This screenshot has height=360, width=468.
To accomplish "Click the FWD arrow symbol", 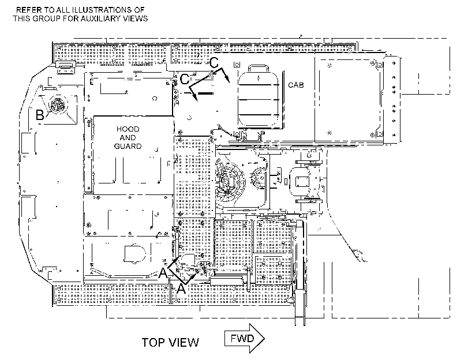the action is point(245,339).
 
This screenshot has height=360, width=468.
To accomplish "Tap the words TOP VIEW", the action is point(170,343).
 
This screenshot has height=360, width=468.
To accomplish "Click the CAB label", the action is point(296,85).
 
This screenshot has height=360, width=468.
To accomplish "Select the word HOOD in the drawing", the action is point(128,129).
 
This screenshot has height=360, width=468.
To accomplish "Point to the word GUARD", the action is point(128,147).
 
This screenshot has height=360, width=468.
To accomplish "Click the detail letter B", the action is point(40,115).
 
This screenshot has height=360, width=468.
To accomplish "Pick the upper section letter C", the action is point(214,62).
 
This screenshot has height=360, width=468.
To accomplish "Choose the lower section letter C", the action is point(185,80).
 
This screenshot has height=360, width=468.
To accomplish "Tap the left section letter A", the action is point(163,272).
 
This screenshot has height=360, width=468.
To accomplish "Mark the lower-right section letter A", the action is point(181,288).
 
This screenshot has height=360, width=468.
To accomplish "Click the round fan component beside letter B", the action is point(57,105).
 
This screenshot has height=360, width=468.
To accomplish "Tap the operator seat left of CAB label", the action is point(259,98).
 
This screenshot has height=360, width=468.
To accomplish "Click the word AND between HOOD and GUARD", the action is point(128,138).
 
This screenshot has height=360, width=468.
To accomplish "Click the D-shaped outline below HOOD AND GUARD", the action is point(135,254).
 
